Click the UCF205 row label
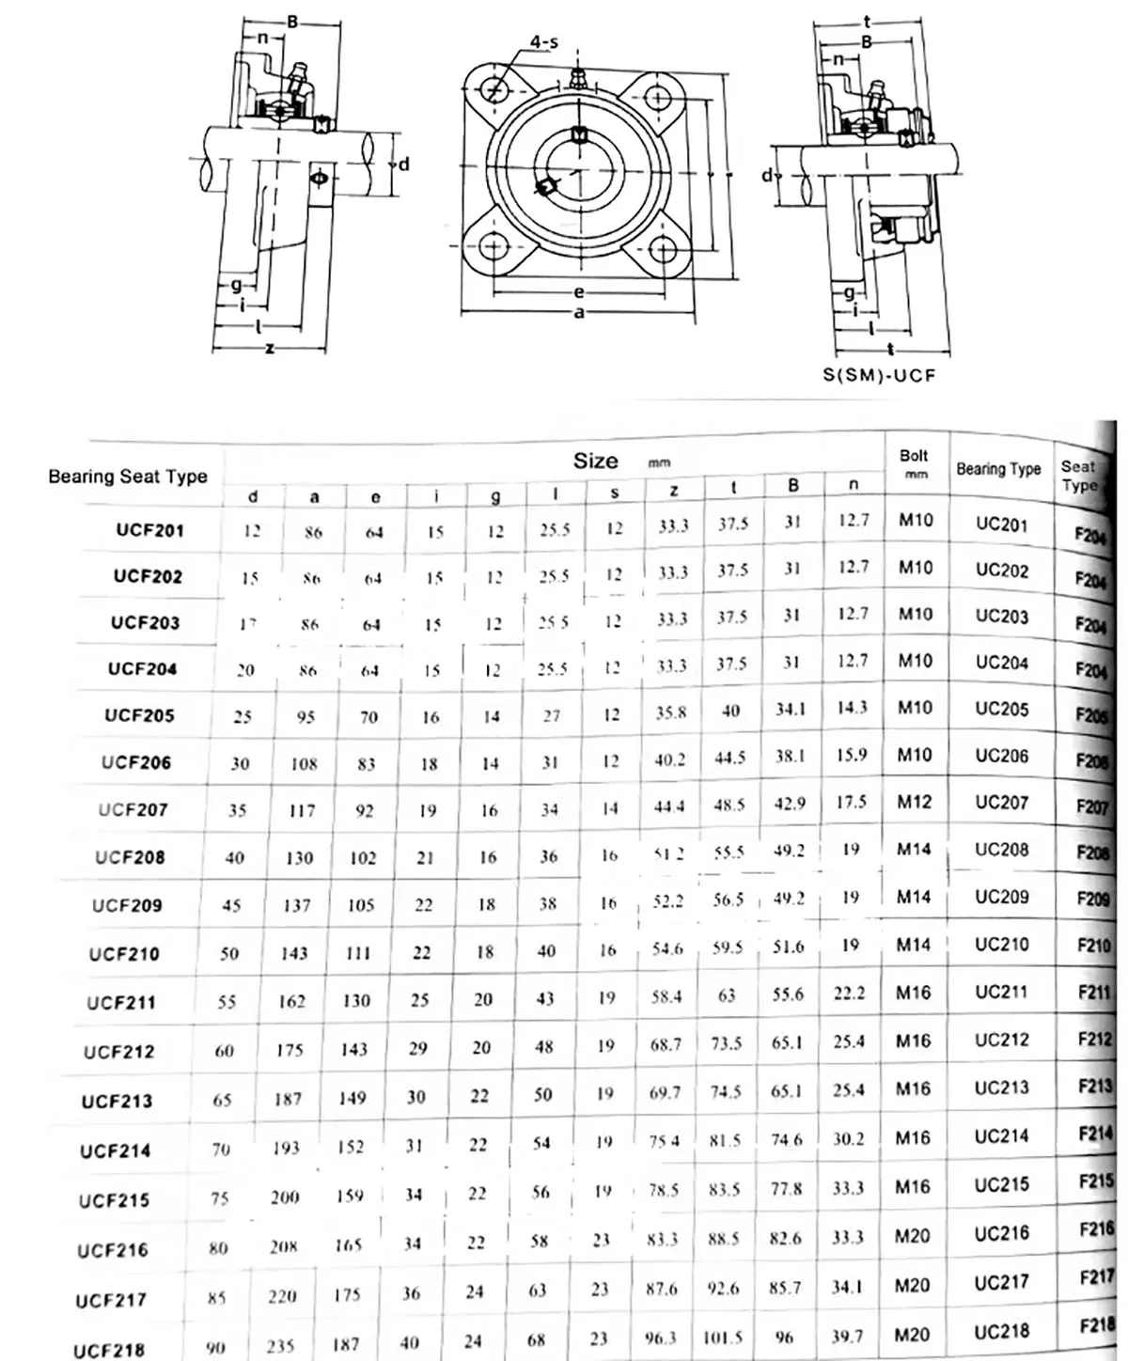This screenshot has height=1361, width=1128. [x=139, y=715]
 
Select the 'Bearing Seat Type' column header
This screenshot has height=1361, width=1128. [x=128, y=477]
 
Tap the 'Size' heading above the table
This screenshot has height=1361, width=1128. [x=596, y=461]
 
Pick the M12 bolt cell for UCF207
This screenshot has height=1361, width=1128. [x=915, y=802]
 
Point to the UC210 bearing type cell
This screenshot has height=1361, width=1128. [x=1001, y=944]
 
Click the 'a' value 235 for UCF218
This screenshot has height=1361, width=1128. [x=280, y=1345]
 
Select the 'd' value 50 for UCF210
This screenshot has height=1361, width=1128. [x=229, y=954]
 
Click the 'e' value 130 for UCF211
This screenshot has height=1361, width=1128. [x=355, y=1001]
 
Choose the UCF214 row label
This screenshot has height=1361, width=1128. [x=115, y=1150]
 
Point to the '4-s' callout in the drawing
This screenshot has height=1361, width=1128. [x=543, y=42]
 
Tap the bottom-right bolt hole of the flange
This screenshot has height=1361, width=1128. [x=664, y=247]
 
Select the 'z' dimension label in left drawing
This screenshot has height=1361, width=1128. [x=270, y=349]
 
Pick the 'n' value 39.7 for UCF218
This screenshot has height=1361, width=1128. [x=848, y=1336]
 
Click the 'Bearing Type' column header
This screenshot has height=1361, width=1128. [x=998, y=468]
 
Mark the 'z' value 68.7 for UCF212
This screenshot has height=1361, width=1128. [x=665, y=1044]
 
